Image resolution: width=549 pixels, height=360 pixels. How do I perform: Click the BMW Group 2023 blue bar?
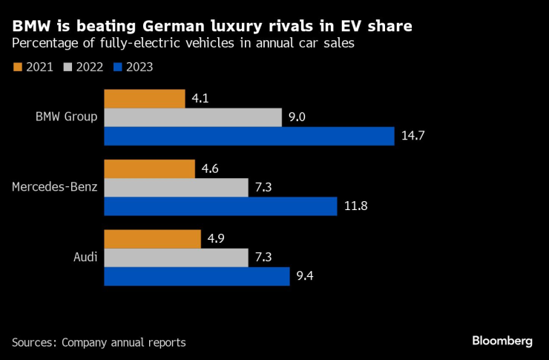click(x=249, y=136)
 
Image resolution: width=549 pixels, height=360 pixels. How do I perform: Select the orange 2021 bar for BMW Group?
click(x=144, y=99)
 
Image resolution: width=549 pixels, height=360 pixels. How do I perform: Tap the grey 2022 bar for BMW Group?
click(x=193, y=117)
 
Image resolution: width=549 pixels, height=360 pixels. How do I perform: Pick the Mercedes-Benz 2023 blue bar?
click(x=220, y=206)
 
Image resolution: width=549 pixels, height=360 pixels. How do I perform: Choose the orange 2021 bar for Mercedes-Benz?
click(x=149, y=168)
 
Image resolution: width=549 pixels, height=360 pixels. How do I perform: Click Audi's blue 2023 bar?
click(x=197, y=276)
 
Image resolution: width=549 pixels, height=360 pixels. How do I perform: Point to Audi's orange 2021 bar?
click(x=152, y=239)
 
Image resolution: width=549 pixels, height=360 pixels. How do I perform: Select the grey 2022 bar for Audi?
click(x=176, y=258)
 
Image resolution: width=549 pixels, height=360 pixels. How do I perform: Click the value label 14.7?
click(x=412, y=137)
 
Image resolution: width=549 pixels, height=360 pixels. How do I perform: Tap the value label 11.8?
click(x=355, y=206)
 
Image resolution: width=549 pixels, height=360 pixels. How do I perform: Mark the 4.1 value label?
click(x=201, y=99)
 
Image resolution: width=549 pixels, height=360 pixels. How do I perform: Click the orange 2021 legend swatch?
click(x=18, y=68)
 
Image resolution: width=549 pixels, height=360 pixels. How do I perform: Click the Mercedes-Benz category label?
click(x=55, y=187)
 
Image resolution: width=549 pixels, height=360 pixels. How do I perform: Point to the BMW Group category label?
click(x=67, y=117)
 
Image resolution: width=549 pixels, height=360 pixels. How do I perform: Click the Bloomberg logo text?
click(x=502, y=341)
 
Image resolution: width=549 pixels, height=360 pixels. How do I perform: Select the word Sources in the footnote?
click(x=33, y=342)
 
